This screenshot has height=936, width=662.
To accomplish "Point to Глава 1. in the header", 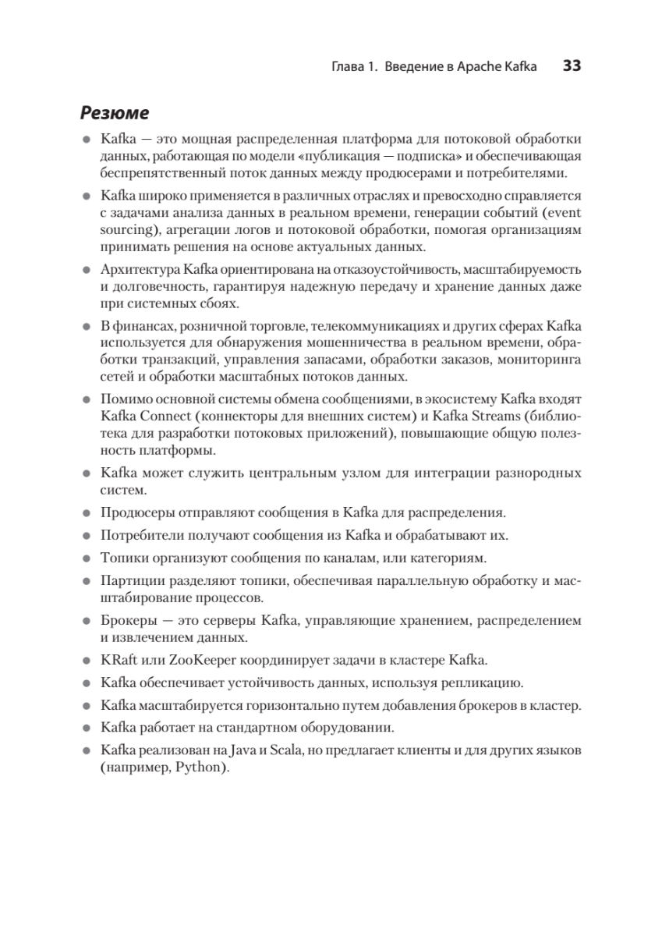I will click(345, 67).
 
